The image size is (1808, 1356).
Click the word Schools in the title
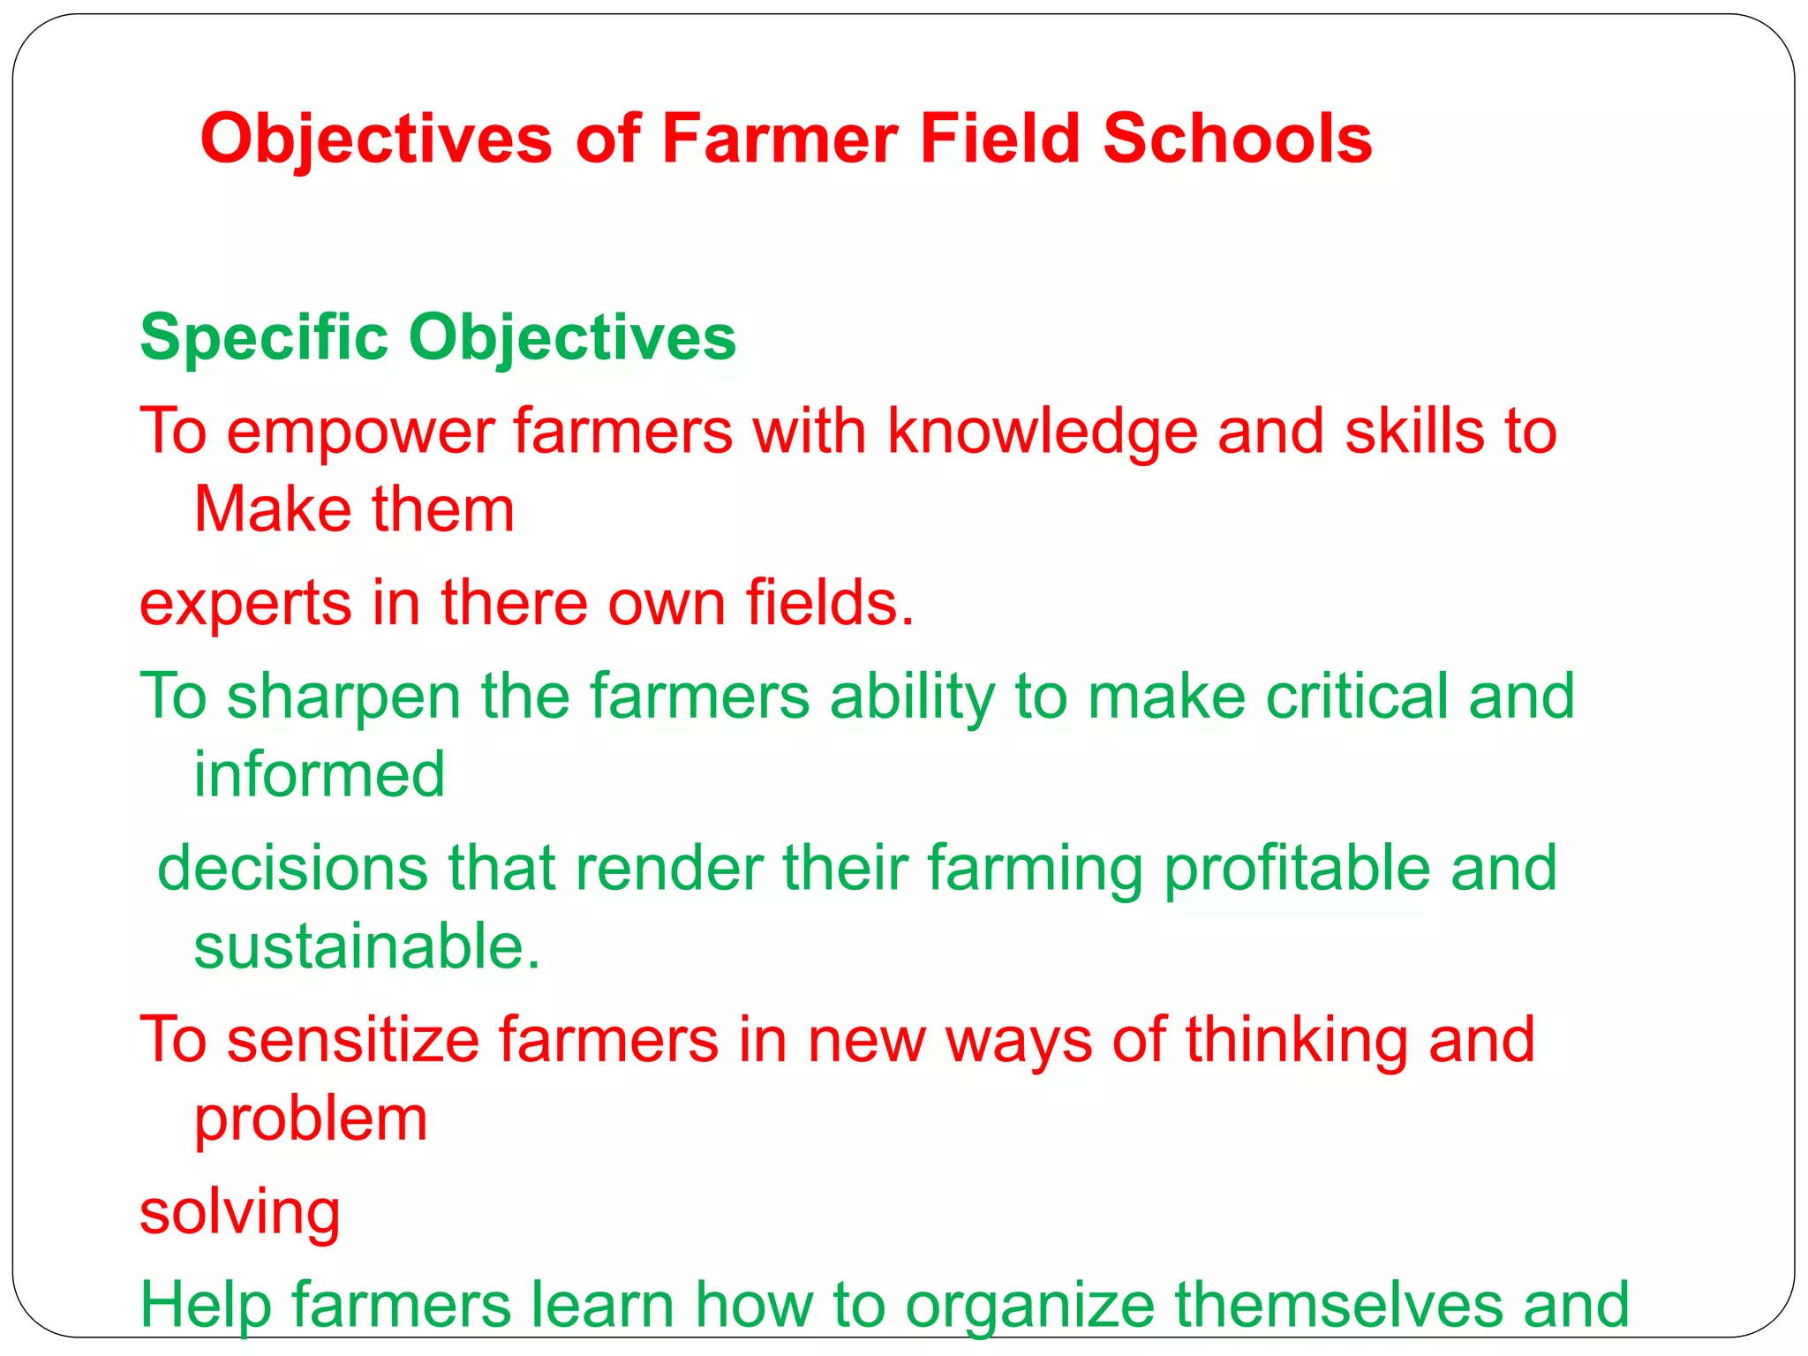tap(1237, 139)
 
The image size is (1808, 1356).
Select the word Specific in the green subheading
tap(264, 338)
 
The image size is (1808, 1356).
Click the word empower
tap(359, 432)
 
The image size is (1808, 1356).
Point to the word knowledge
tap(1042, 432)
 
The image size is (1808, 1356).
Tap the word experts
tap(245, 604)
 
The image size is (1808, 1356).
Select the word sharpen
tap(343, 697)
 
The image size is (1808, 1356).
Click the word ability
tap(912, 697)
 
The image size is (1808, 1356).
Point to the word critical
tap(1357, 697)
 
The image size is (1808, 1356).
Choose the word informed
tap(319, 774)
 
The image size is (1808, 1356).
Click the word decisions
tap(292, 869)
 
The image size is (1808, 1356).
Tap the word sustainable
tap(366, 946)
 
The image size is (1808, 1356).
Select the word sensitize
tap(352, 1040)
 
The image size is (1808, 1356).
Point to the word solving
tap(240, 1212)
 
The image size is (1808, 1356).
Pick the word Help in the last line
tap(205, 1305)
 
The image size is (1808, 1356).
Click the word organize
tap(1029, 1305)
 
